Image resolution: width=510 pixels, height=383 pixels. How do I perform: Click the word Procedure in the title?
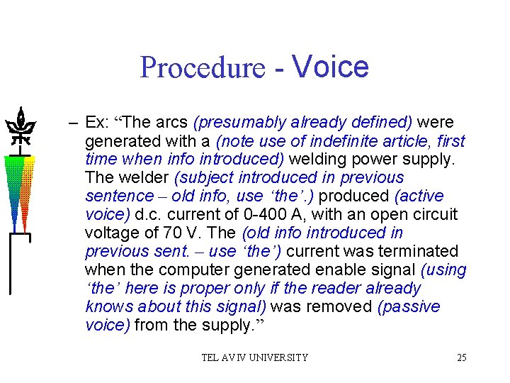202,68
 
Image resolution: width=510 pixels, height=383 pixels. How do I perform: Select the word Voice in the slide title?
330,66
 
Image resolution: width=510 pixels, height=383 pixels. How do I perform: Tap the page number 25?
461,357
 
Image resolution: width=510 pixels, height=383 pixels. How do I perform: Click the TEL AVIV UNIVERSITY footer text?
255,357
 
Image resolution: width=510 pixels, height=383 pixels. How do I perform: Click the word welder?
141,178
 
